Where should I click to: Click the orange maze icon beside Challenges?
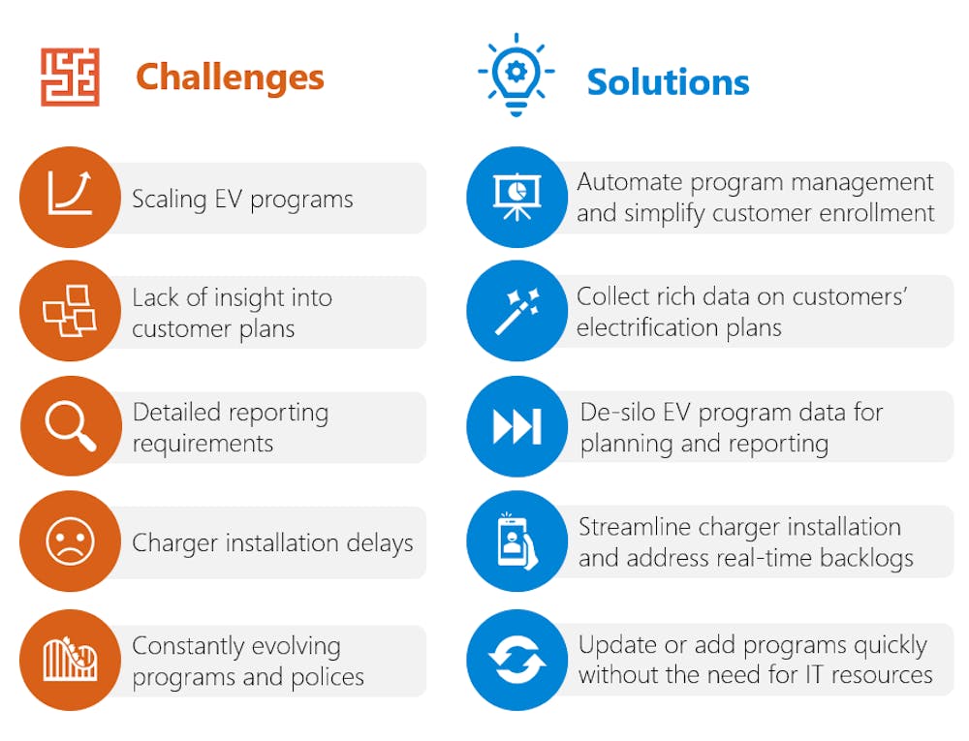click(x=70, y=77)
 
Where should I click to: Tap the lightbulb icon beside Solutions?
click(x=516, y=74)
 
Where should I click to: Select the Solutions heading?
click(x=668, y=82)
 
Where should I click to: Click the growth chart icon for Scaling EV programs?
click(x=70, y=194)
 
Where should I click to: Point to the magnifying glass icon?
click(x=71, y=426)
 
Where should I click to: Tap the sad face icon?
click(x=71, y=540)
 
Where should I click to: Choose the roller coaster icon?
click(x=71, y=659)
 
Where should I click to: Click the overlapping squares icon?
click(x=69, y=311)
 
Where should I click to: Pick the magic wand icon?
click(x=516, y=311)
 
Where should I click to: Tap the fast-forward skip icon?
click(x=517, y=426)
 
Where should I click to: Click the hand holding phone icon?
click(x=516, y=540)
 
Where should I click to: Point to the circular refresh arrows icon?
click(x=516, y=660)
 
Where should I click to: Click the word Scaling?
click(x=170, y=201)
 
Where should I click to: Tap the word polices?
click(x=328, y=677)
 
